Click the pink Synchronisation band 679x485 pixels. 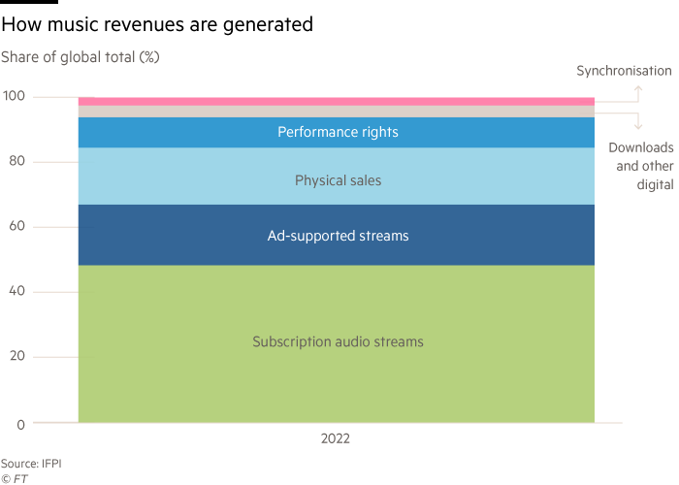click(336, 101)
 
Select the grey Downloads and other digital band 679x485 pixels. click(336, 112)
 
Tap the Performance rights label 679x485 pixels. click(338, 132)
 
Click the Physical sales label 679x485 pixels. click(338, 180)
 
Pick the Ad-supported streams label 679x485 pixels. click(338, 236)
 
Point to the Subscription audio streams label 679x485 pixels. click(338, 341)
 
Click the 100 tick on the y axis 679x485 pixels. click(15, 97)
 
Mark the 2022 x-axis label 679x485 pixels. click(336, 438)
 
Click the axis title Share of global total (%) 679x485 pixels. click(80, 57)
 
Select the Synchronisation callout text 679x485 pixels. click(624, 71)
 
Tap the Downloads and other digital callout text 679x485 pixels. click(640, 166)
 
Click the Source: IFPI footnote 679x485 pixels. click(31, 464)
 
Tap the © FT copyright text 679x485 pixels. click(14, 477)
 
